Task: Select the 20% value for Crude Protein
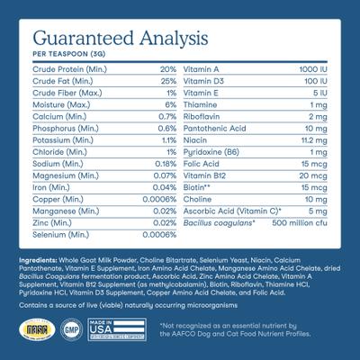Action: pos(167,69)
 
